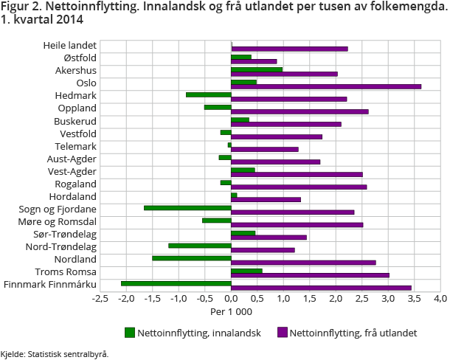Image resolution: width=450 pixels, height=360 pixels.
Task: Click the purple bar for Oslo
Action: (326, 86)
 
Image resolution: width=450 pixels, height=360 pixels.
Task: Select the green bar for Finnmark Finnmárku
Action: (176, 283)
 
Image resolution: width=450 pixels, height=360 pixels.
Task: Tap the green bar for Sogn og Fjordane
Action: (187, 207)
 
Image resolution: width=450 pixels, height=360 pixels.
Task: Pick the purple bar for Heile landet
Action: (289, 49)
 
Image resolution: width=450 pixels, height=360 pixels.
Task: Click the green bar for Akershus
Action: (257, 69)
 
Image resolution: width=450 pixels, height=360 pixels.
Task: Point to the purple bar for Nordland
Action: (303, 263)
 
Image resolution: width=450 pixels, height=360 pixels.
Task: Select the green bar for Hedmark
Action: (209, 94)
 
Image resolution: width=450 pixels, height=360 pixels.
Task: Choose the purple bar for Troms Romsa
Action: (310, 275)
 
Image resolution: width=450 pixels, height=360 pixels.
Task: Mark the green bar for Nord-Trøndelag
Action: (200, 245)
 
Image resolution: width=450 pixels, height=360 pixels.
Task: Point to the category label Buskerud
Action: (75, 121)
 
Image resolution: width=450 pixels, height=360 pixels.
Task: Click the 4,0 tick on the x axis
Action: (440, 298)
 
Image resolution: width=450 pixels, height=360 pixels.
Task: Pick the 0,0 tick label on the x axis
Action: (232, 298)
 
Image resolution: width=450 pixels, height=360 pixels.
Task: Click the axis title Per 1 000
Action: (232, 311)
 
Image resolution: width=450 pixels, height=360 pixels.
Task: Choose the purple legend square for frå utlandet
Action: (280, 333)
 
